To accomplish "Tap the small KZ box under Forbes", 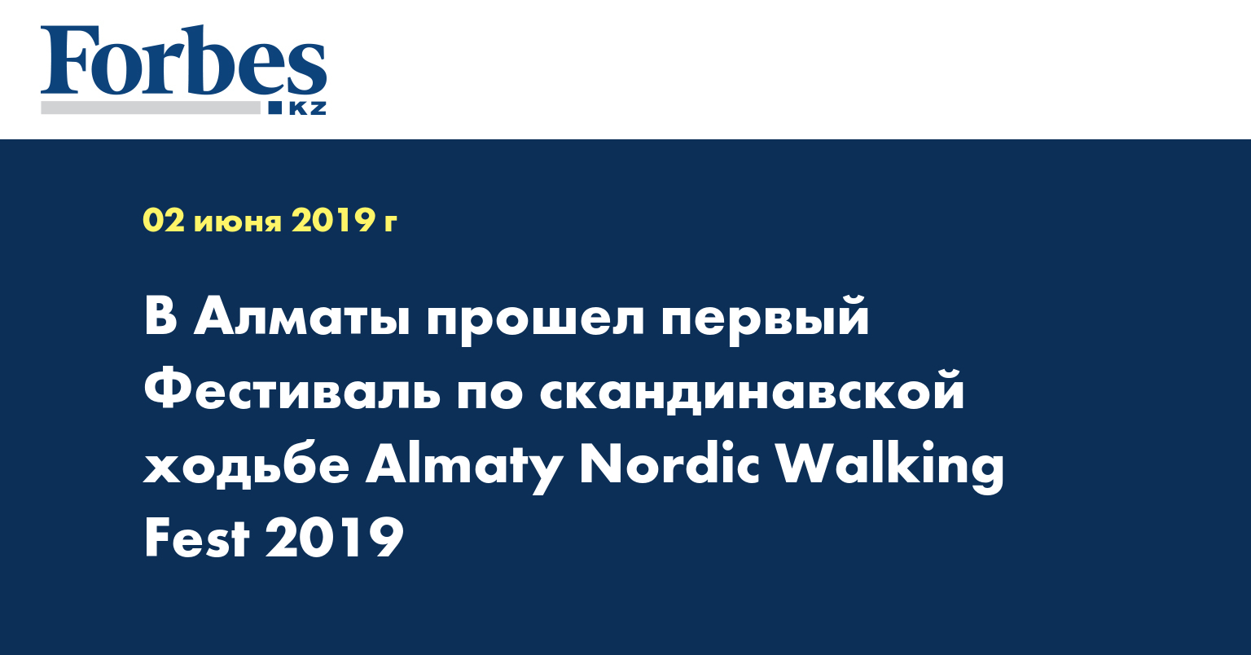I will pos(306,108).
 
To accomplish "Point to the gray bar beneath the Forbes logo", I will pos(151,108).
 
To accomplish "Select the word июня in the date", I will pos(238,221).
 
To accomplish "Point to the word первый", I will pos(765,319).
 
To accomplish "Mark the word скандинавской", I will pos(752,392).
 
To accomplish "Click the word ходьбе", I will pos(247,466).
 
